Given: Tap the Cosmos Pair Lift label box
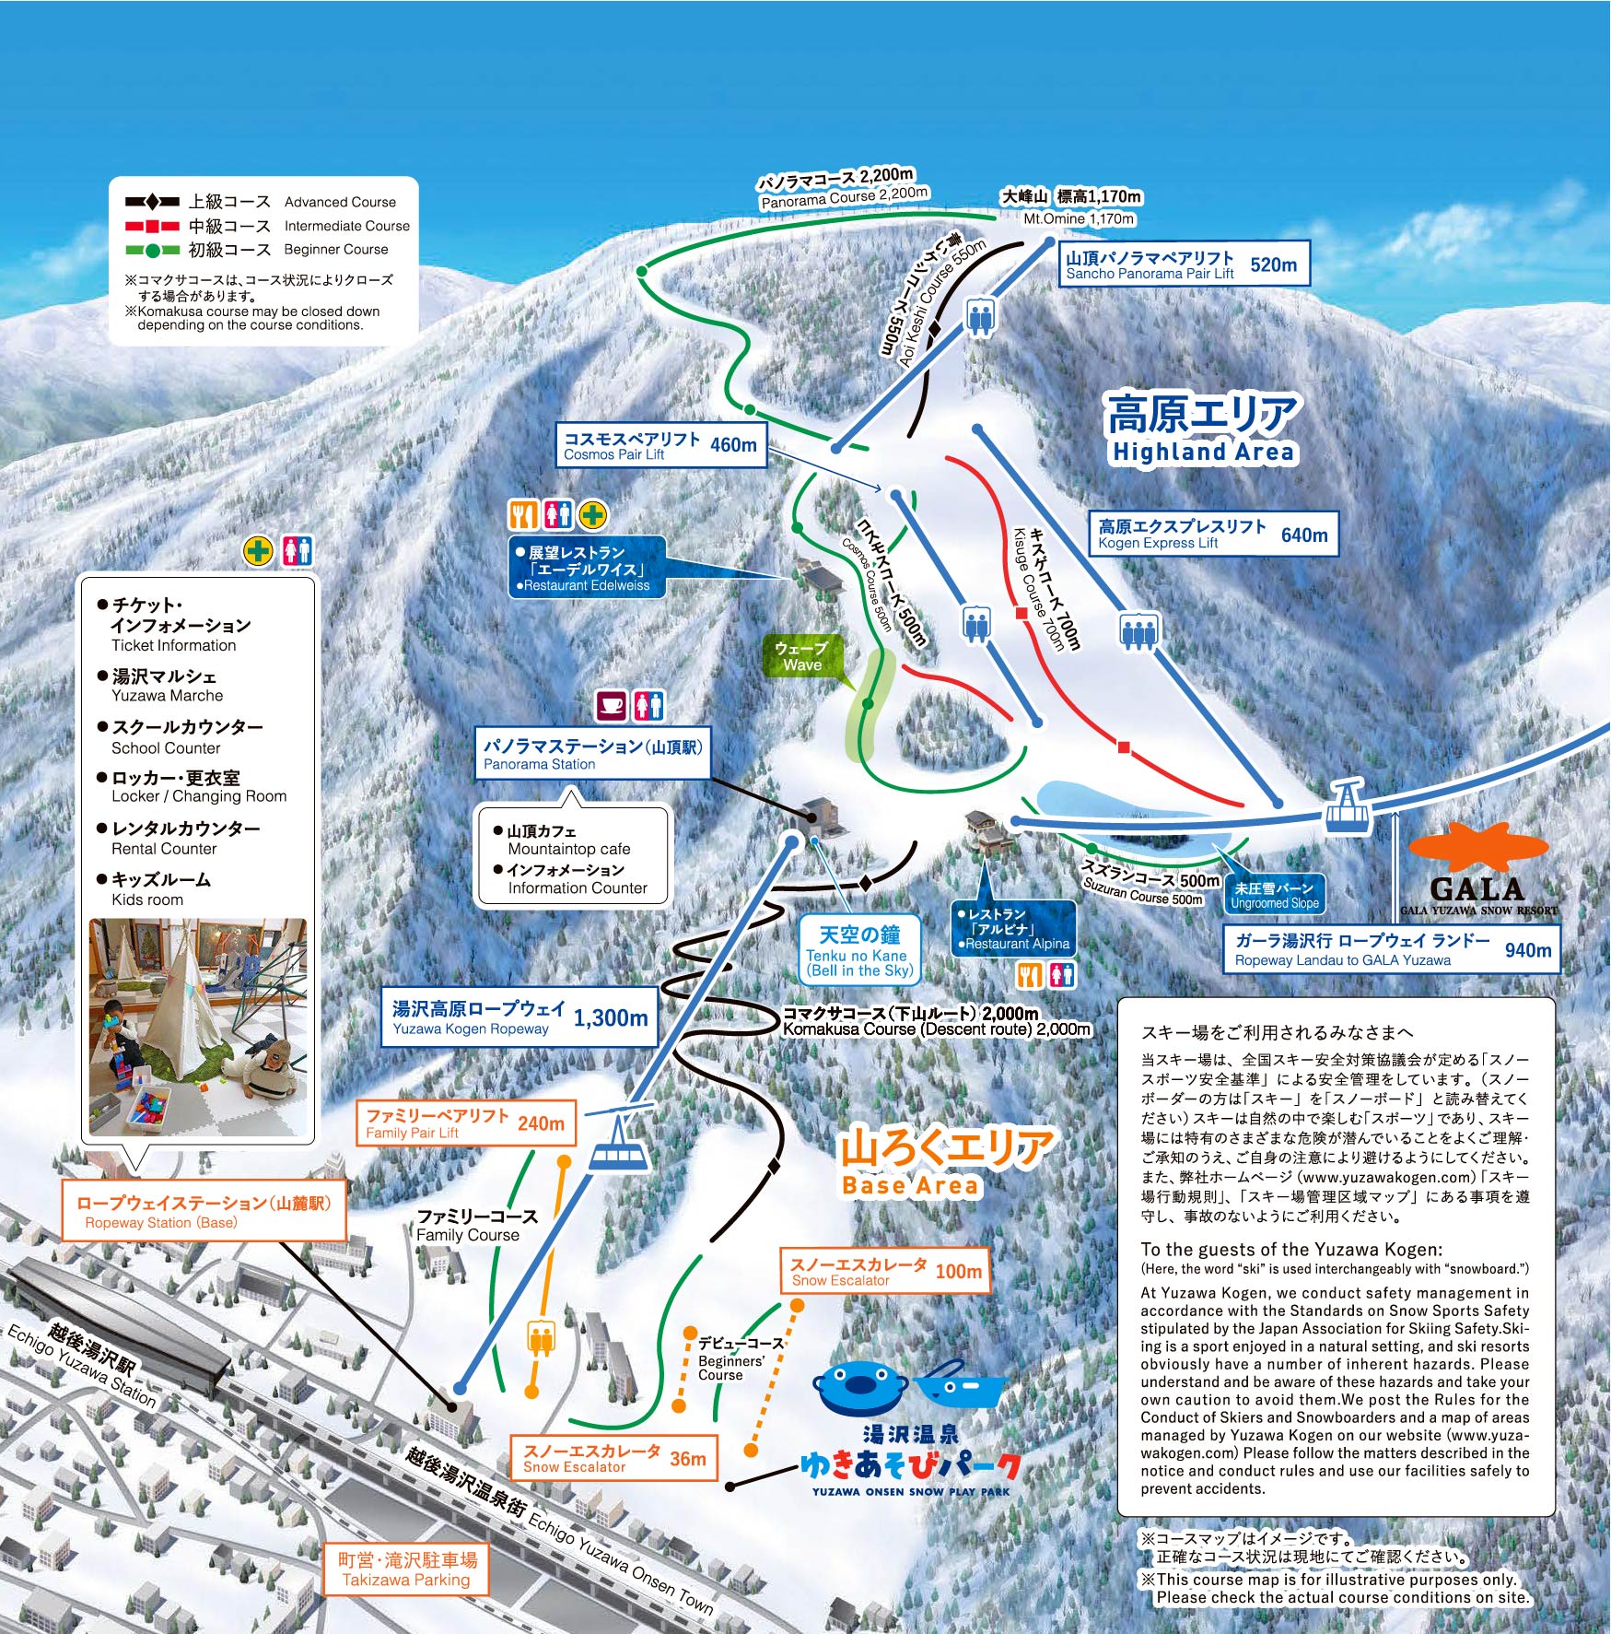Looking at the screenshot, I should pos(660,444).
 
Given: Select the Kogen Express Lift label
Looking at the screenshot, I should pos(1213,534).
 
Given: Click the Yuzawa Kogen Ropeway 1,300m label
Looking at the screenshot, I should pos(519,1017).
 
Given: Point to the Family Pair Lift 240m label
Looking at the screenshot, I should pos(465,1123).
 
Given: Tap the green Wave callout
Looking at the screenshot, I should pos(801,656).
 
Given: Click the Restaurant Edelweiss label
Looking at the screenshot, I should pos(588,568).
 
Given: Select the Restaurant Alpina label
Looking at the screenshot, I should pos(1013,928).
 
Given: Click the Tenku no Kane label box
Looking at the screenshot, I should pos(859,949).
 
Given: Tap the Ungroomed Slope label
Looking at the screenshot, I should pos(1275,895).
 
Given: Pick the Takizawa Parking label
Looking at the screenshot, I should pos(406,1569).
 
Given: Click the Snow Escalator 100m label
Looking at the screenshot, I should pos(885,1271).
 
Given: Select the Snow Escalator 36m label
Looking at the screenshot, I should pos(614,1458).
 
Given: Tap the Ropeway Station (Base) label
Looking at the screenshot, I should pos(204,1211).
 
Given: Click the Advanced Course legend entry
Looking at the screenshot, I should pos(261,202).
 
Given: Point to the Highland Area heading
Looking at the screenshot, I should pos(1202,429).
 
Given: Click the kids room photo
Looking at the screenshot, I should pos(198,1027).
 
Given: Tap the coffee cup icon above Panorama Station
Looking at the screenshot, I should pos(612,707).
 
